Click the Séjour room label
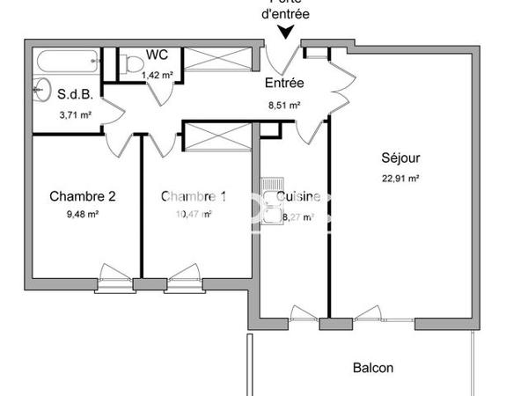(x=400, y=158)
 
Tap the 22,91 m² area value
(x=400, y=177)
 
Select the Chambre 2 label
(x=83, y=196)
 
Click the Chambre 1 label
(x=193, y=196)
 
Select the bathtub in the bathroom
(x=67, y=62)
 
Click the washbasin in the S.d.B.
(x=40, y=88)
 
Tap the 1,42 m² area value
(x=159, y=75)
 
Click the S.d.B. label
(x=75, y=93)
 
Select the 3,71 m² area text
(x=75, y=114)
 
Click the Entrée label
(x=284, y=84)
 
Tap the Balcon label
(x=373, y=368)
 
